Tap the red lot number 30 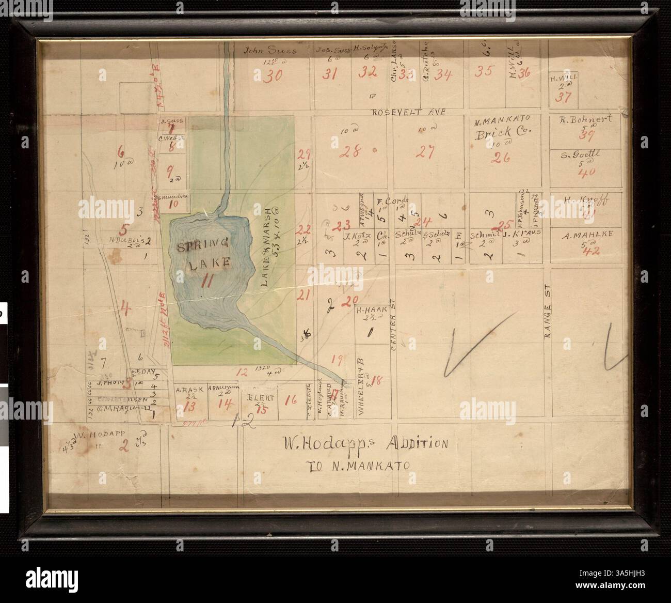click(x=273, y=76)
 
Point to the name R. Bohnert click(x=586, y=119)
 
